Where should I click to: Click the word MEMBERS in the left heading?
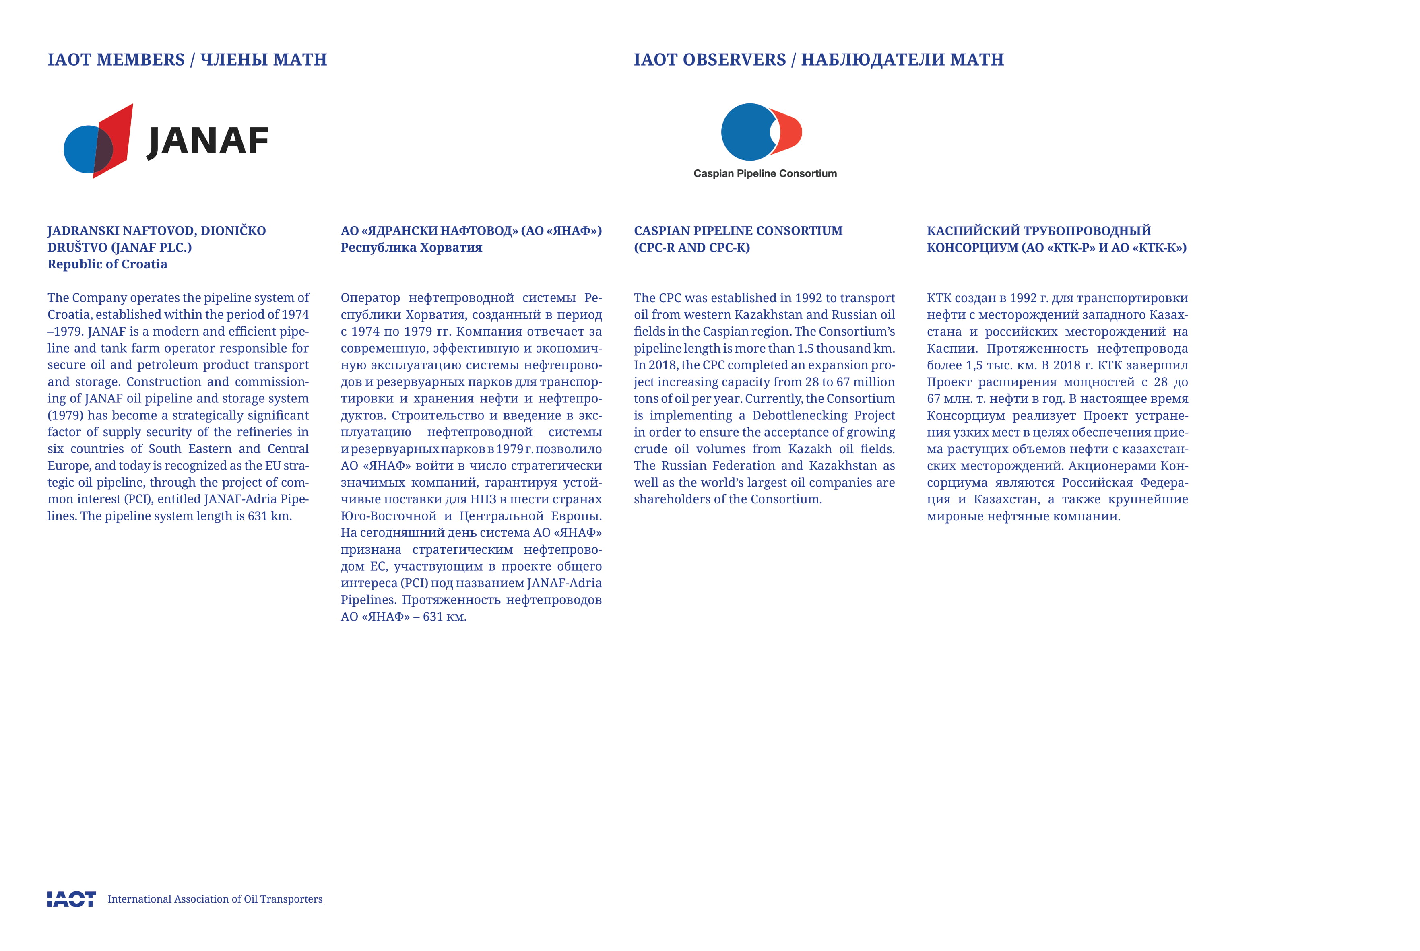pyautogui.click(x=141, y=60)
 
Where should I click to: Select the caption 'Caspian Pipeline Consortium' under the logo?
pyautogui.click(x=765, y=173)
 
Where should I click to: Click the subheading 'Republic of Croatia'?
pyautogui.click(x=107, y=264)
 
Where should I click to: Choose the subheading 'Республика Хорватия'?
pyautogui.click(x=411, y=248)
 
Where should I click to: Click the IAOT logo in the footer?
pyautogui.click(x=72, y=899)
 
